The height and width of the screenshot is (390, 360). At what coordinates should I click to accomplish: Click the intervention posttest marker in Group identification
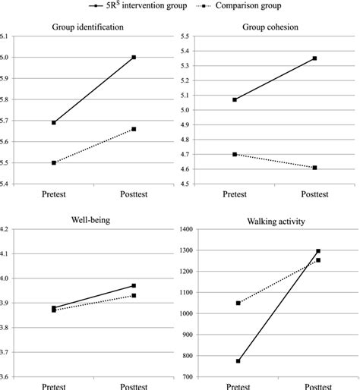pyautogui.click(x=134, y=57)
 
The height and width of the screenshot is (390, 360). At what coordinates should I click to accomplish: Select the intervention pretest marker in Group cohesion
pyautogui.click(x=235, y=99)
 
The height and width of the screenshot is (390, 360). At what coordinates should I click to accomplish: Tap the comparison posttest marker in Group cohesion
pyautogui.click(x=314, y=168)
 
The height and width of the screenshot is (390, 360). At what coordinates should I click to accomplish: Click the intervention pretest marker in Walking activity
pyautogui.click(x=238, y=360)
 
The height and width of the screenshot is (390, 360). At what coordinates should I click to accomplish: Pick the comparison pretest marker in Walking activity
pyautogui.click(x=238, y=303)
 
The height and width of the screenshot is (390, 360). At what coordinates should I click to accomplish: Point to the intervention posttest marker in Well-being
pyautogui.click(x=134, y=285)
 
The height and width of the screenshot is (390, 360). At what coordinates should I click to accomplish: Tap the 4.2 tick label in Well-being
pyautogui.click(x=6, y=229)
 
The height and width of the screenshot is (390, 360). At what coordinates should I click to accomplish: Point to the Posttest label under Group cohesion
pyautogui.click(x=316, y=194)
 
